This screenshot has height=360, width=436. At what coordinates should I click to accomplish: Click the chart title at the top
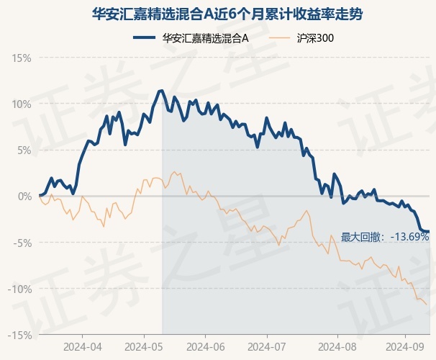pyautogui.click(x=227, y=14)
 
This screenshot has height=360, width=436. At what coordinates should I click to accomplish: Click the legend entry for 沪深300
pyautogui.click(x=315, y=38)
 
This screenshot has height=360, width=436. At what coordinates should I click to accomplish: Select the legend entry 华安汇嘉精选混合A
pyautogui.click(x=205, y=38)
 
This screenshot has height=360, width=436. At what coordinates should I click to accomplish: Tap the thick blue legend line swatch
pyautogui.click(x=144, y=38)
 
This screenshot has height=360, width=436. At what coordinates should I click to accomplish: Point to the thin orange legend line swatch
pyautogui.click(x=280, y=38)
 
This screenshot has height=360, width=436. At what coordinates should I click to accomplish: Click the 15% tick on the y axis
pyautogui.click(x=22, y=58)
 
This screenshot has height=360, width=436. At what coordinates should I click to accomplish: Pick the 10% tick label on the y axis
pyautogui.click(x=22, y=104)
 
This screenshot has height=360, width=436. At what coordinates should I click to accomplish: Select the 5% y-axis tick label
pyautogui.click(x=24, y=150)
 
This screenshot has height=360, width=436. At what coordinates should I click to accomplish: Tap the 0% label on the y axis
pyautogui.click(x=24, y=197)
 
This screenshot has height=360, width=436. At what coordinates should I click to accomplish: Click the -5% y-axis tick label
pyautogui.click(x=22, y=243)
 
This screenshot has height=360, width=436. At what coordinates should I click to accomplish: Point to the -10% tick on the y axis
pyautogui.click(x=19, y=289)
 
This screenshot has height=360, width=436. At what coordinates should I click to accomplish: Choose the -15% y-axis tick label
pyautogui.click(x=19, y=336)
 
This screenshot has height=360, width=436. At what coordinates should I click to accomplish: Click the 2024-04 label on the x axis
pyautogui.click(x=83, y=347)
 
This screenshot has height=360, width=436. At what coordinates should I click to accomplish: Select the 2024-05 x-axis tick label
pyautogui.click(x=144, y=347)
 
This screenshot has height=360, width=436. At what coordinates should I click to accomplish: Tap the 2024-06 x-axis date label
pyautogui.click(x=206, y=347)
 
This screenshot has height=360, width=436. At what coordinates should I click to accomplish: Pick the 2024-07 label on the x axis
pyautogui.click(x=267, y=347)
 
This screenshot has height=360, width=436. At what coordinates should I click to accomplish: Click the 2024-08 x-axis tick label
pyautogui.click(x=337, y=347)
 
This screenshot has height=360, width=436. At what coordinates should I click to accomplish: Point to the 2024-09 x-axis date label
pyautogui.click(x=405, y=347)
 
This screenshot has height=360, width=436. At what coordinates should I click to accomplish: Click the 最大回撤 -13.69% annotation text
pyautogui.click(x=385, y=237)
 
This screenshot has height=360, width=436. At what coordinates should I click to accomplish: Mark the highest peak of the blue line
pyautogui.click(x=161, y=91)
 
